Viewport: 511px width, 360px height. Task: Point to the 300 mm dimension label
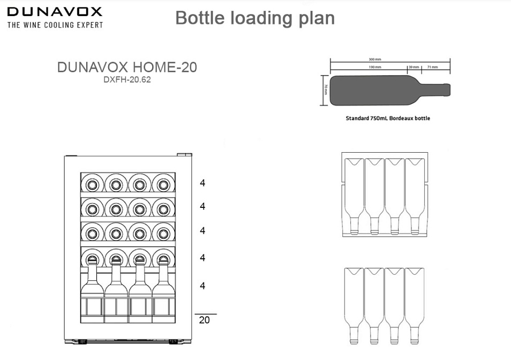pos(375,59)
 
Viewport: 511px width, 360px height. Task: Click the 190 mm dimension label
pos(375,67)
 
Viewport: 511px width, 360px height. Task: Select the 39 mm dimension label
pos(414,67)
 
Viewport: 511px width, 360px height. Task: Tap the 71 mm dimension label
pos(433,67)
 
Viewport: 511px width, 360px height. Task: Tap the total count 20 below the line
pos(204,320)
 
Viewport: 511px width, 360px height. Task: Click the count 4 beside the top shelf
pos(202,183)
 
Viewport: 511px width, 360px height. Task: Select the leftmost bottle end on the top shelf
pos(92,184)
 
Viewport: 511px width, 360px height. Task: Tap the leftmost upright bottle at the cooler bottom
pos(92,289)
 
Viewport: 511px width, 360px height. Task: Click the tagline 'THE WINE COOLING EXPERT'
pos(55,25)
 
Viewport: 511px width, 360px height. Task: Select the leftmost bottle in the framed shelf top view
pos(354,196)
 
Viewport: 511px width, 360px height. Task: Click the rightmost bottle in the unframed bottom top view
pos(414,303)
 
